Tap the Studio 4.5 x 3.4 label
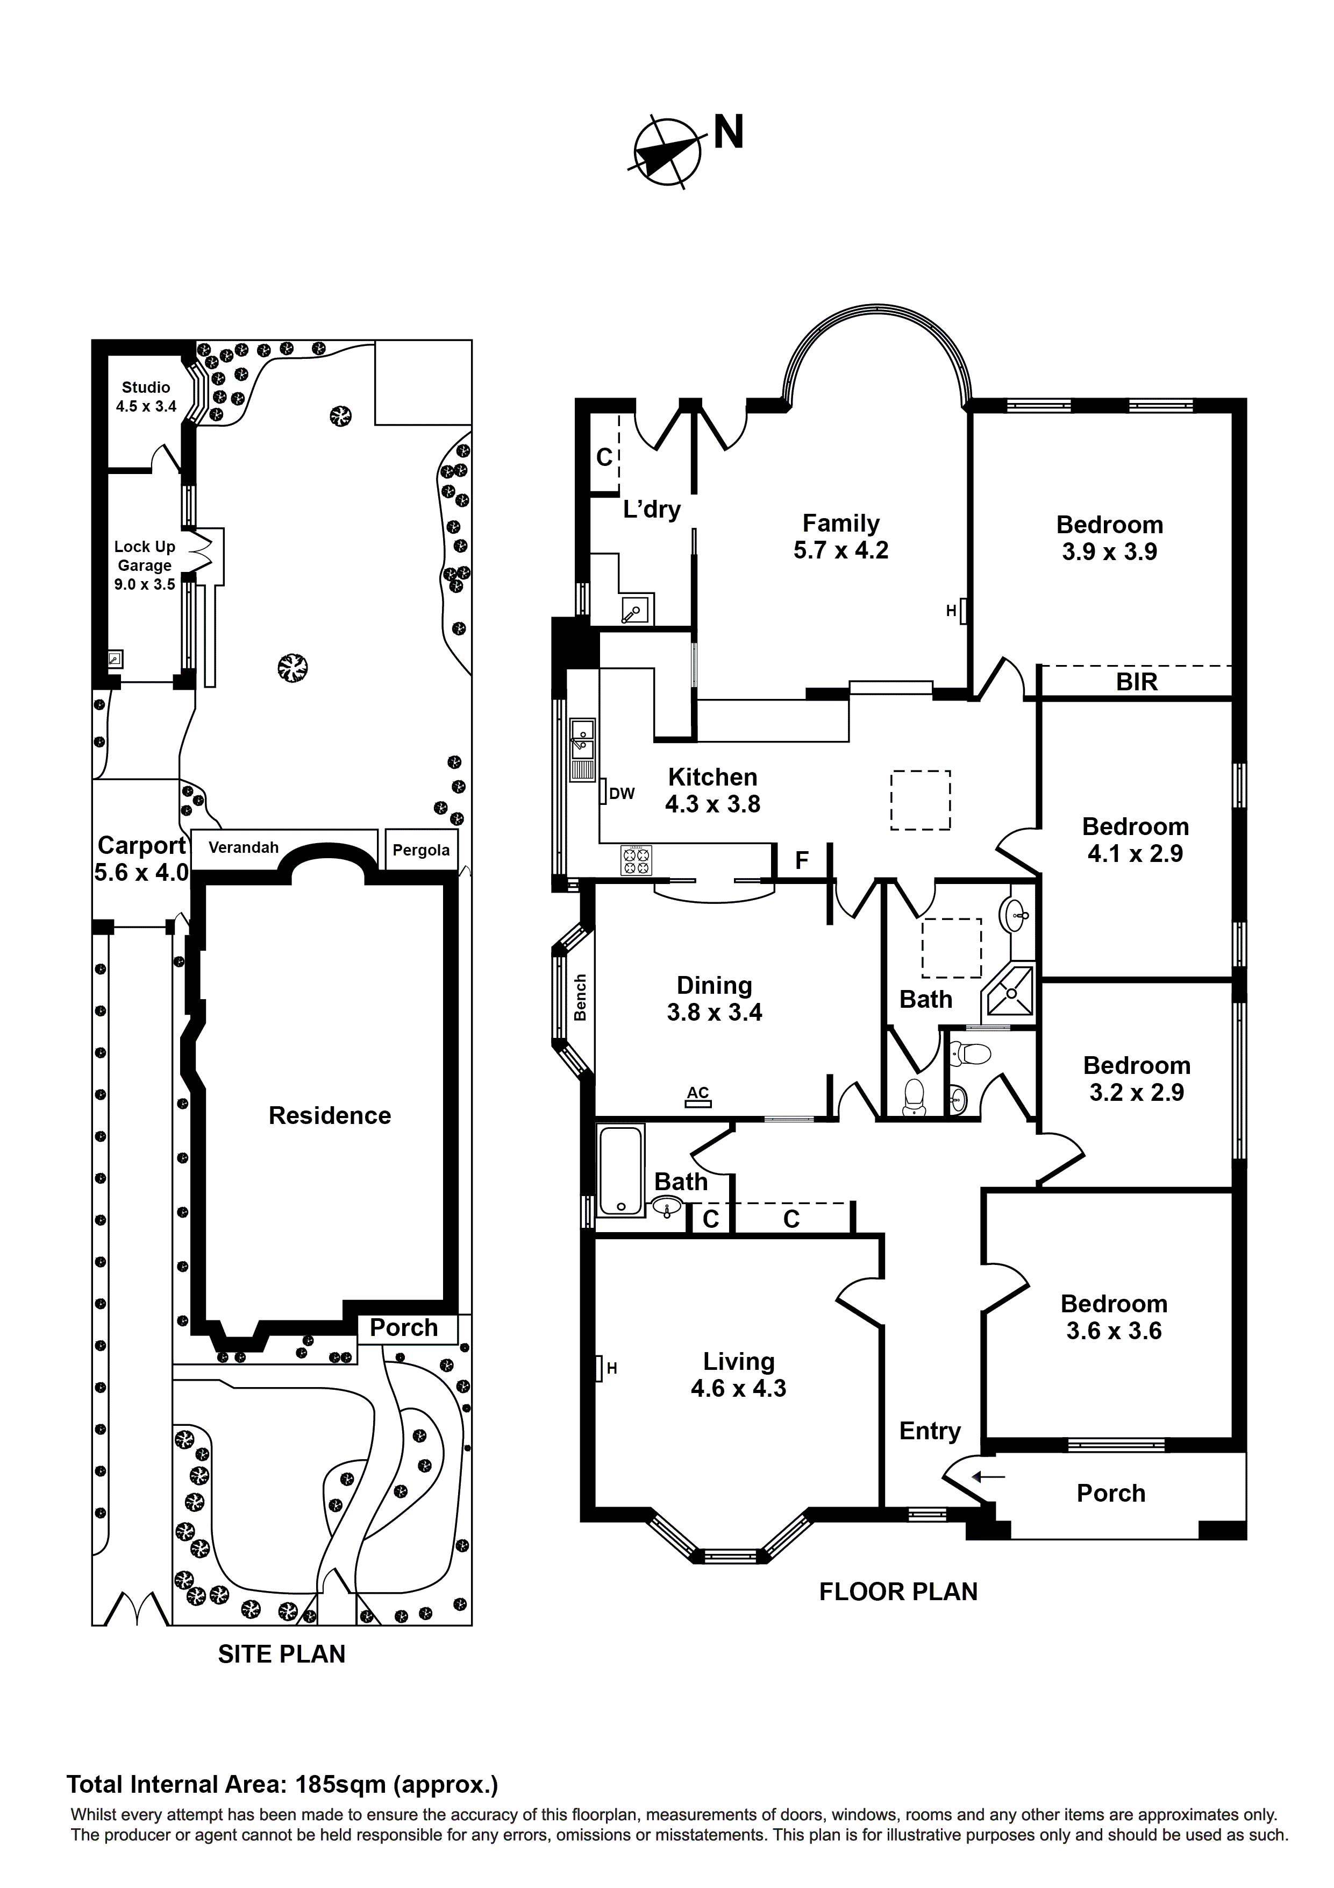click(x=146, y=397)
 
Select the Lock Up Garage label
click(x=144, y=565)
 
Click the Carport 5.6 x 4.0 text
click(x=141, y=859)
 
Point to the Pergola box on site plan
click(x=421, y=850)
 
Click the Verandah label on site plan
click(x=243, y=847)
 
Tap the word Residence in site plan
click(x=330, y=1115)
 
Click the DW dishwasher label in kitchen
click(x=622, y=794)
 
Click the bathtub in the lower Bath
click(x=620, y=1171)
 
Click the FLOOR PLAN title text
click(x=897, y=1591)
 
